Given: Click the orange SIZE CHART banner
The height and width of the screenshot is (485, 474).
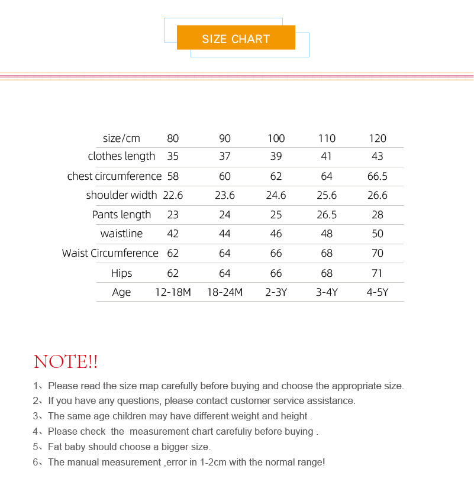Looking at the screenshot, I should click(x=236, y=38).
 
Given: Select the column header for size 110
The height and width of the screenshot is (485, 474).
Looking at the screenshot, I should click(x=327, y=138).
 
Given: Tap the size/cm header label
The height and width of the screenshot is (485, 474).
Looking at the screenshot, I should click(x=121, y=138).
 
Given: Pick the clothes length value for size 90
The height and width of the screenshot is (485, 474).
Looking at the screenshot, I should click(x=225, y=156).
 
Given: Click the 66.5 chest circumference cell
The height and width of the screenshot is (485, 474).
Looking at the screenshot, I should click(x=378, y=176).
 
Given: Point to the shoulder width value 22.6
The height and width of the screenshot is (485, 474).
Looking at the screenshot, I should click(x=173, y=195).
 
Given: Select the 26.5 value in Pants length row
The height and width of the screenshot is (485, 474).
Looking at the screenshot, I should click(x=327, y=215).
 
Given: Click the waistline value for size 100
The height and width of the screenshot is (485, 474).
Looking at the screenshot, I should click(x=276, y=234).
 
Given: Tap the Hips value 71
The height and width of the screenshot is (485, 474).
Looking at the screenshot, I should click(x=378, y=273).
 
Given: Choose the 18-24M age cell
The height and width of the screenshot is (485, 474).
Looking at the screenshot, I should click(x=225, y=292).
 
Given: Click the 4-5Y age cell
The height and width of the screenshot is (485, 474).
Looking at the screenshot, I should click(x=378, y=292).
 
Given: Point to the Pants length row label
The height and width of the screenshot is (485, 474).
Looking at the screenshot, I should click(x=121, y=215).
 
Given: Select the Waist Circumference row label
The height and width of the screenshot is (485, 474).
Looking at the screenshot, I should click(x=110, y=253).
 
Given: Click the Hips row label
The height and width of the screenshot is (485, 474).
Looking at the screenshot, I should click(x=121, y=273).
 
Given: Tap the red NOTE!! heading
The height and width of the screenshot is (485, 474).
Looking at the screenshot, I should click(x=66, y=361).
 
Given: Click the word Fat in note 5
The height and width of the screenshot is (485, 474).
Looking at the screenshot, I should click(x=56, y=447).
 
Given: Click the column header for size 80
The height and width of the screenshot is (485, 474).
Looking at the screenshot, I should click(x=173, y=138).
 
